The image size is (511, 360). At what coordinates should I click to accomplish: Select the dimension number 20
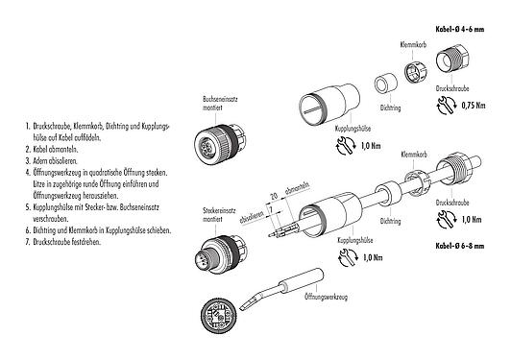[274, 194]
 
